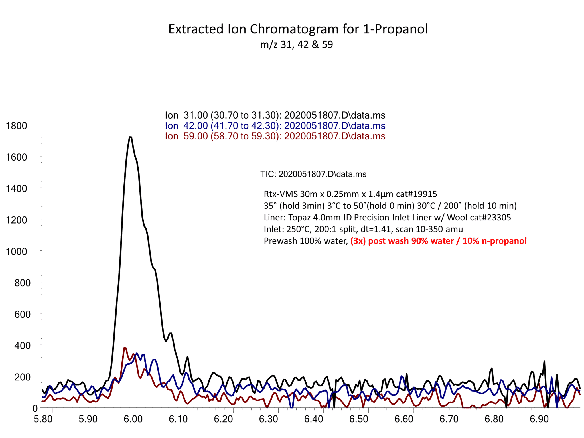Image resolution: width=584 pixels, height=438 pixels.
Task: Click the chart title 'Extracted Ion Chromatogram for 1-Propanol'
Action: click(x=298, y=29)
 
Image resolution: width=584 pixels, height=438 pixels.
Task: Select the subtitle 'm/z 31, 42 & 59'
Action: click(x=297, y=45)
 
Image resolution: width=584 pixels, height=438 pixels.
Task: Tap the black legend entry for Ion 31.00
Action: click(x=275, y=115)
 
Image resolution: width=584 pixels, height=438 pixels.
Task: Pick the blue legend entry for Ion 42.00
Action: click(x=275, y=126)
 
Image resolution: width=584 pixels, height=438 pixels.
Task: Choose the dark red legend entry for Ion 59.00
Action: click(x=275, y=136)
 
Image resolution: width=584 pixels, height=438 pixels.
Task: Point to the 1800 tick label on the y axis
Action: click(x=17, y=126)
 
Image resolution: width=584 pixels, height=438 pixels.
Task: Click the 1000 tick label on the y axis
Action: click(x=17, y=252)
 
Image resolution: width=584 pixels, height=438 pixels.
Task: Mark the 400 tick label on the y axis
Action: click(x=22, y=346)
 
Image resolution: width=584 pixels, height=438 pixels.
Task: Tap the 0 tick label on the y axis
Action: click(x=35, y=409)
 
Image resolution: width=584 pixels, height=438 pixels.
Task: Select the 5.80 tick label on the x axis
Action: click(x=43, y=419)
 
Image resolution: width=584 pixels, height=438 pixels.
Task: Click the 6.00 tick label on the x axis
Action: click(x=133, y=419)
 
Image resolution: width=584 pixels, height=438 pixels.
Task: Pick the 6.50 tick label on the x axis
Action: click(x=359, y=419)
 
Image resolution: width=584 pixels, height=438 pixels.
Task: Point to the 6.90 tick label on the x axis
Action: click(x=539, y=419)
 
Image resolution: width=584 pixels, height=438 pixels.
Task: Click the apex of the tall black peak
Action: click(x=130, y=137)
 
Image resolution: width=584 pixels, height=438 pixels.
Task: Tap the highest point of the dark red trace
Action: click(x=125, y=348)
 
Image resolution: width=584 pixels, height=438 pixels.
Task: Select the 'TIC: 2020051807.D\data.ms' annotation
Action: click(x=313, y=174)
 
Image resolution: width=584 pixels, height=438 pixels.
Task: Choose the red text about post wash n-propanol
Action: click(x=438, y=241)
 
